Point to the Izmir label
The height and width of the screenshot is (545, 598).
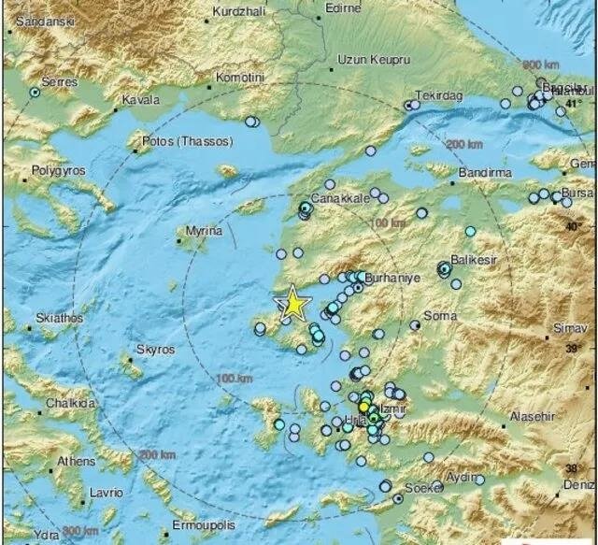pos(394,410)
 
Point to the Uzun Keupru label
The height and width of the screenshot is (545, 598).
pos(373,59)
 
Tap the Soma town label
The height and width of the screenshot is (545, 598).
pos(441,316)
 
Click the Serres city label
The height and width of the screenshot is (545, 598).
pos(56,82)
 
